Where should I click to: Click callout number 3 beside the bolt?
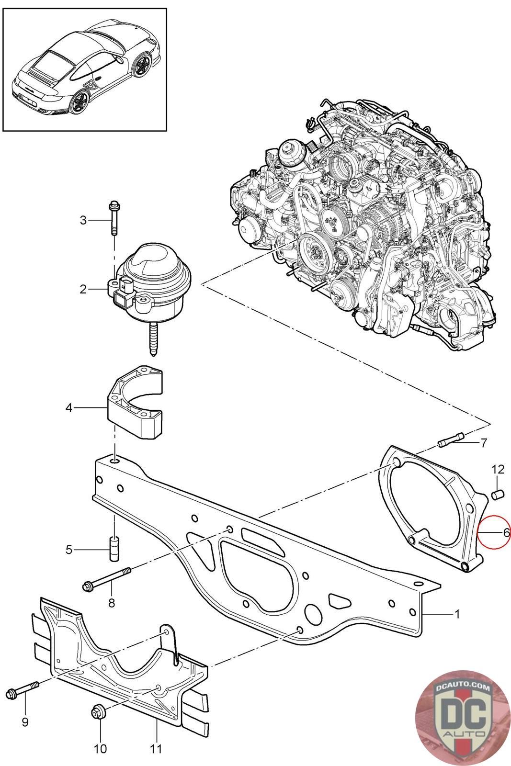83,220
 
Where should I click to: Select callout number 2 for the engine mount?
83,289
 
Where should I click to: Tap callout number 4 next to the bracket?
69,408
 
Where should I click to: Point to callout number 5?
69,550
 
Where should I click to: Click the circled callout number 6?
506,531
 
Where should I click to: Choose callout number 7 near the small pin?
484,442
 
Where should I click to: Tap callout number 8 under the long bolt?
112,603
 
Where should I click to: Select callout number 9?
25,721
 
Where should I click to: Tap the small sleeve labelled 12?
497,494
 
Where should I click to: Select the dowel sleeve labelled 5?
114,550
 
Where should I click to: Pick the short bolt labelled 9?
22,691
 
